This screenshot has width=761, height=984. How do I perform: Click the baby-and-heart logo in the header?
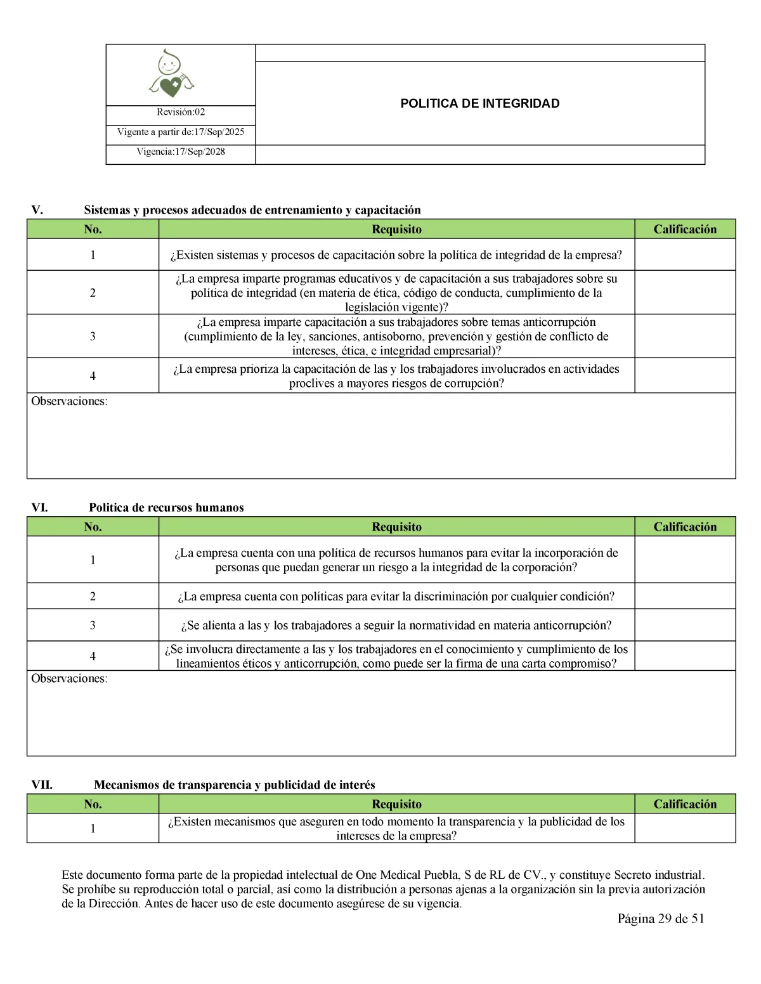coord(171,74)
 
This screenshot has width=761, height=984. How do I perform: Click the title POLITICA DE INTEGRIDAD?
coord(479,103)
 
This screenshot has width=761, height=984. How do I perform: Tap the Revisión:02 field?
coord(181,112)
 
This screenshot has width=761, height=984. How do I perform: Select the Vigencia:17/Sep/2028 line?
coord(181,152)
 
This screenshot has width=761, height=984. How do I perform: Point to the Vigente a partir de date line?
coord(181,132)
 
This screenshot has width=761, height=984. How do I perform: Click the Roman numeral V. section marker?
coord(37,210)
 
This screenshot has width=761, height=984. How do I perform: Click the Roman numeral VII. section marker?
coord(42,785)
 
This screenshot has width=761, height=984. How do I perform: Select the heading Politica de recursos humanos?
coord(166,507)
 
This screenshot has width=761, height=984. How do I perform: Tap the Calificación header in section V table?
coord(685,229)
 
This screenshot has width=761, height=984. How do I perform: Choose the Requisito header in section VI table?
coord(396,527)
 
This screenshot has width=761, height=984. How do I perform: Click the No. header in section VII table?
coord(93,804)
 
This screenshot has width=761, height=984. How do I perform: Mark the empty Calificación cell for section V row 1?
coord(685,255)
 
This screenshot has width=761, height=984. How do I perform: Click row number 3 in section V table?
coord(93,336)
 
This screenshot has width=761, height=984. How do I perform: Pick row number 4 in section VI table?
coord(93,656)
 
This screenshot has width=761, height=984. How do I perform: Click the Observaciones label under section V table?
coord(69,401)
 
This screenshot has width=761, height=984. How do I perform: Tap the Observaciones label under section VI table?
coord(69,678)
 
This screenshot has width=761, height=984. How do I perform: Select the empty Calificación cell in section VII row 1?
coord(685,828)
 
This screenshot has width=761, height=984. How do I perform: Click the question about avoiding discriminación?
coord(396,596)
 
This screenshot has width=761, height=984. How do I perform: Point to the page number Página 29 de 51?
coord(661,919)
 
